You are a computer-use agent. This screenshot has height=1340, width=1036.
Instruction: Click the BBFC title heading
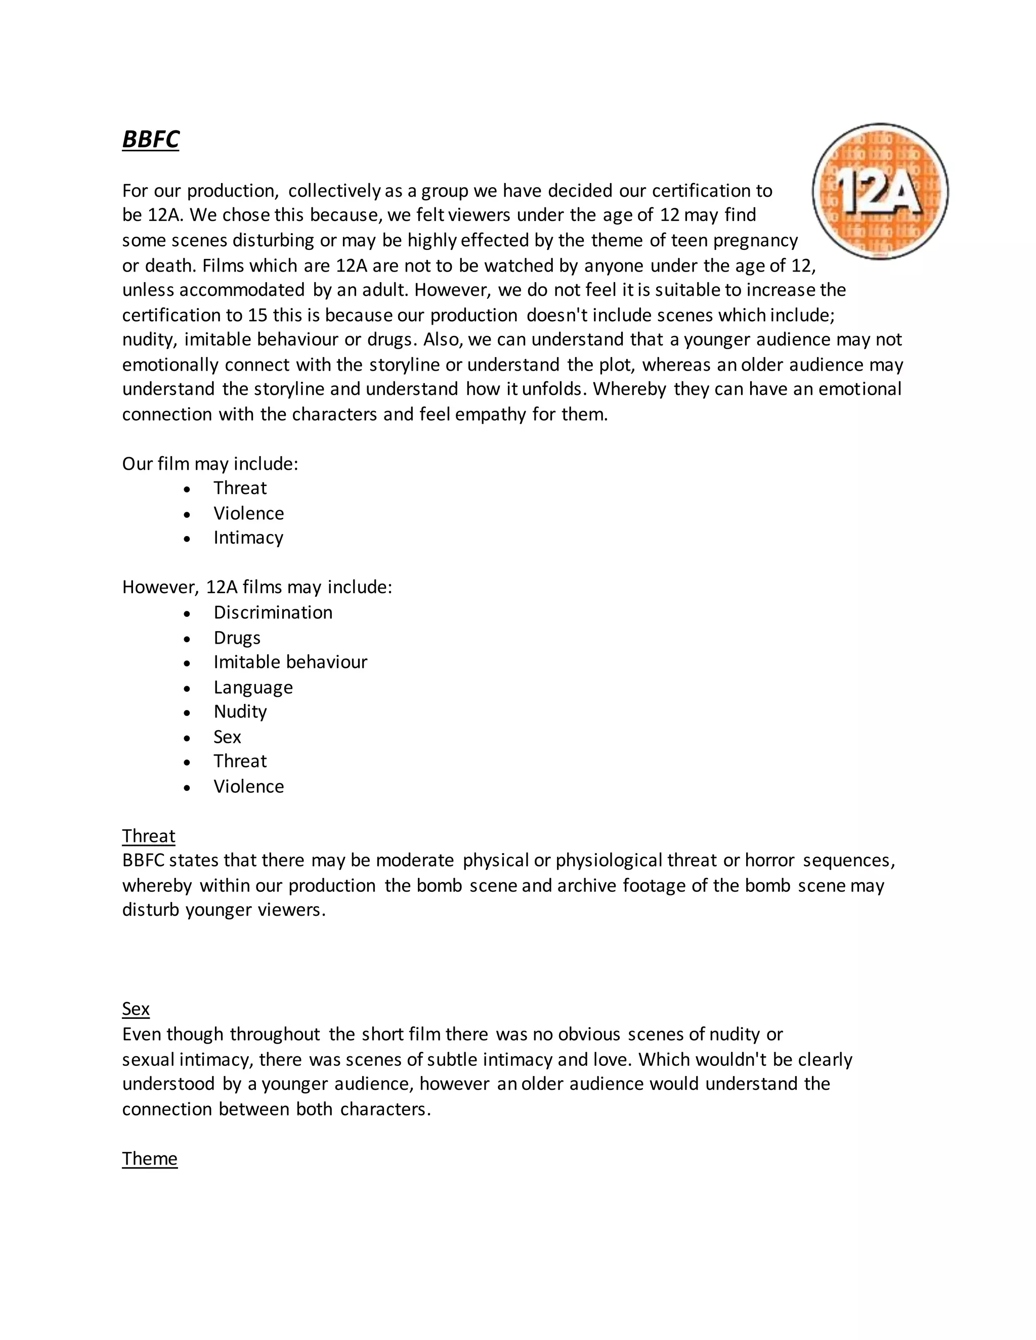click(150, 139)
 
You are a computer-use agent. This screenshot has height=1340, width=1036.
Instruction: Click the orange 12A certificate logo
click(880, 191)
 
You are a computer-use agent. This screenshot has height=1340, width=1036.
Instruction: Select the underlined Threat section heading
click(149, 836)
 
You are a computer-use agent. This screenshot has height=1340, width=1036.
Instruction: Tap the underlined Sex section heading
click(136, 1009)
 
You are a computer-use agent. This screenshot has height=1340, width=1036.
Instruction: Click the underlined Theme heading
click(150, 1158)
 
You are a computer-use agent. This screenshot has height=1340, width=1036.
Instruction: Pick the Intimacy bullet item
click(248, 538)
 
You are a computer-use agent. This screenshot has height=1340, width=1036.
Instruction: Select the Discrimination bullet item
click(273, 612)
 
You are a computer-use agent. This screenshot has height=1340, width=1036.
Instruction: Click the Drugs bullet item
click(237, 638)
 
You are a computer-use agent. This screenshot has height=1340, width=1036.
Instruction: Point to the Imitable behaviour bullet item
click(290, 662)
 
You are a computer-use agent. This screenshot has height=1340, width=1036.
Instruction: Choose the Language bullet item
click(253, 687)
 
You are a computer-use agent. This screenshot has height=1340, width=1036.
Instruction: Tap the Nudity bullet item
click(240, 712)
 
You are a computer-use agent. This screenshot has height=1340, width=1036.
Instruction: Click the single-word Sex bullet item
click(227, 736)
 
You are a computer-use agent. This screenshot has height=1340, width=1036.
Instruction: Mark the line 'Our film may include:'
click(210, 464)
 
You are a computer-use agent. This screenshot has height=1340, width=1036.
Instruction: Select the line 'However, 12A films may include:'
click(256, 587)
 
